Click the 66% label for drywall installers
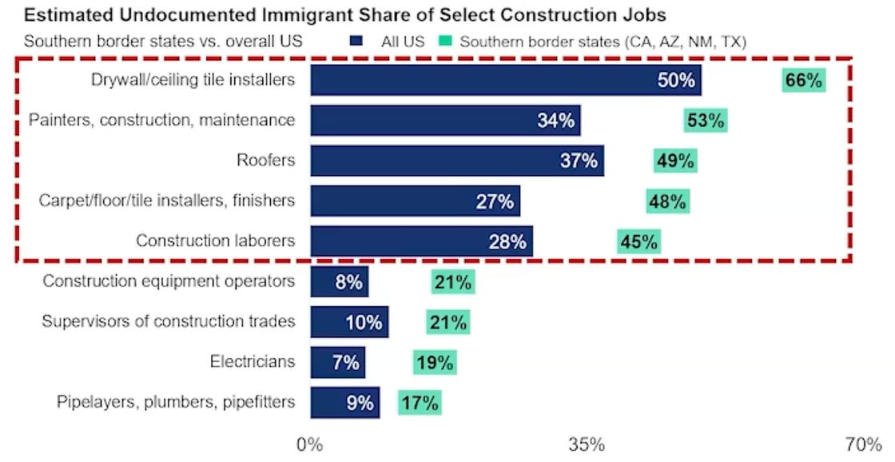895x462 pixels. point(803,80)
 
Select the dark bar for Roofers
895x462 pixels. point(456,161)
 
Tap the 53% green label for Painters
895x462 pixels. point(706,121)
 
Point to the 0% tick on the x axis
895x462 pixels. point(309,444)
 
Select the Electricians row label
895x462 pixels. point(252,361)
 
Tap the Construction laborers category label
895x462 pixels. point(215,241)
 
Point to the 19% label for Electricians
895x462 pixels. point(435,362)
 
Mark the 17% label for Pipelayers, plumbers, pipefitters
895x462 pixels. point(420,402)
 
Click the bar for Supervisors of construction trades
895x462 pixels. point(349,322)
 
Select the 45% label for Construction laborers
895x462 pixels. point(639,241)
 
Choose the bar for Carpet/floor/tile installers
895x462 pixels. point(415,201)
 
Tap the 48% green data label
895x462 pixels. point(668,201)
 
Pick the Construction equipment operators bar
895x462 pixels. point(339,282)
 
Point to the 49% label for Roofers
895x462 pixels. point(675,161)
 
